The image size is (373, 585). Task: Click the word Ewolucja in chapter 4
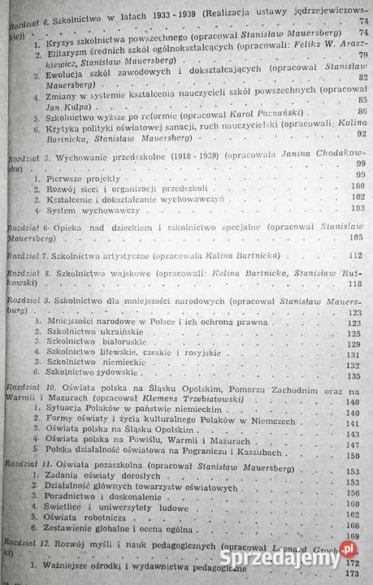76,77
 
